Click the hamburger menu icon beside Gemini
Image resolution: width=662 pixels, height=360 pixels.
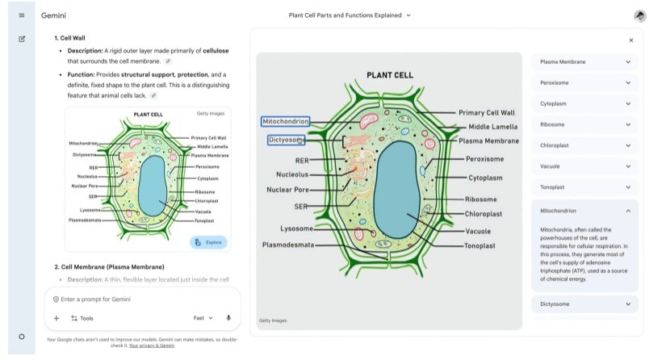pyautogui.click(x=21, y=15)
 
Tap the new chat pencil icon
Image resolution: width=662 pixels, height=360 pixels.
pyautogui.click(x=21, y=39)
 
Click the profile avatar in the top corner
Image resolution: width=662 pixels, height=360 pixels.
pyautogui.click(x=639, y=15)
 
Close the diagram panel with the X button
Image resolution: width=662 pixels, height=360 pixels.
pyautogui.click(x=631, y=40)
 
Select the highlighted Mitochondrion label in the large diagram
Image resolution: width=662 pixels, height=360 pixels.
pyautogui.click(x=286, y=121)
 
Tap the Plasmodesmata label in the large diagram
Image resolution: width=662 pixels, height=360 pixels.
pyautogui.click(x=288, y=245)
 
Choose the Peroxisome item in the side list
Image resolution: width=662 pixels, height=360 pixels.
pyautogui.click(x=557, y=82)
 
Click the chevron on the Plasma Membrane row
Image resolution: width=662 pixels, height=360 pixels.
pyautogui.click(x=628, y=61)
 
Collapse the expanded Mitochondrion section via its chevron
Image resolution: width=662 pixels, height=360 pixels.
pyautogui.click(x=628, y=211)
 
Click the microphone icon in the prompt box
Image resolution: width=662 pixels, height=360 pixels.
pyautogui.click(x=228, y=318)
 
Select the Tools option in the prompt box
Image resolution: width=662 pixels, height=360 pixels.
pyautogui.click(x=82, y=318)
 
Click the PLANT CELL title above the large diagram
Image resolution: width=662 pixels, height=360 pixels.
pyautogui.click(x=389, y=75)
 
